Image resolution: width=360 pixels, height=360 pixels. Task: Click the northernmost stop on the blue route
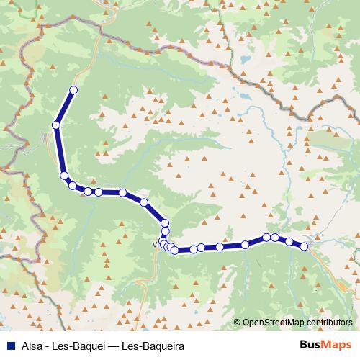73,90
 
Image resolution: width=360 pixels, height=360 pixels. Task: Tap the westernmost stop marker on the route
55,125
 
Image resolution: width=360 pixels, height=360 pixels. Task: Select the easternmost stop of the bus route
304,246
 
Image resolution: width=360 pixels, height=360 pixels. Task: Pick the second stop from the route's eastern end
289,241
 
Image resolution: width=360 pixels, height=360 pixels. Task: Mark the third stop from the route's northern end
64,176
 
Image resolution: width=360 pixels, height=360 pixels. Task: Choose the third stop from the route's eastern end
275,237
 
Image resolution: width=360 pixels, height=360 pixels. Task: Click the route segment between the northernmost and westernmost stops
64,108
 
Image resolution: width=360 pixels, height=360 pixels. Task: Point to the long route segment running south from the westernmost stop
60,150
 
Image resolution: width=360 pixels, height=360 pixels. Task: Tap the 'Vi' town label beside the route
156,243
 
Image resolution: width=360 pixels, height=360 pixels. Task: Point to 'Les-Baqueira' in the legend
154,346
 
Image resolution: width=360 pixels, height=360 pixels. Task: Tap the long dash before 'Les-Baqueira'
116,346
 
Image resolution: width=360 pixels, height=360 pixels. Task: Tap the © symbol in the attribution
237,323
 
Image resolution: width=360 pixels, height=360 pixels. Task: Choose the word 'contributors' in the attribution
330,323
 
